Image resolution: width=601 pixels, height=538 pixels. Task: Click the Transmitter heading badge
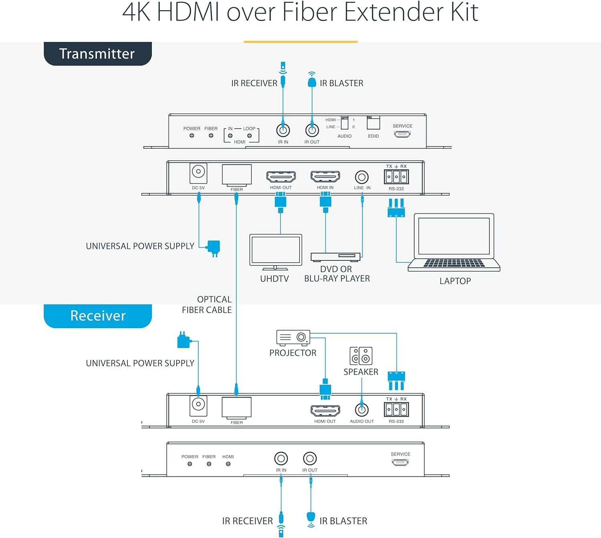(x=97, y=54)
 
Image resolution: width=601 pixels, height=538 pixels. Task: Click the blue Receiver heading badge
(x=97, y=316)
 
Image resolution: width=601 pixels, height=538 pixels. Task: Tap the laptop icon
(x=454, y=243)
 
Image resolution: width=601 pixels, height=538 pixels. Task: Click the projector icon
(x=293, y=338)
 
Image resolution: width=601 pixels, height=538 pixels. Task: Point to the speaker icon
(x=361, y=356)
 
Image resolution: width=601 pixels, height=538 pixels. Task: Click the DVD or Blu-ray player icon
(x=335, y=257)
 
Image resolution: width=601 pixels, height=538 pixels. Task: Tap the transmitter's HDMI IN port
(x=325, y=176)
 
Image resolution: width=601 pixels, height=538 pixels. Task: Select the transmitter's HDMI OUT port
(x=281, y=176)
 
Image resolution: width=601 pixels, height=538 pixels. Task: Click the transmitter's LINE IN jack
(x=362, y=177)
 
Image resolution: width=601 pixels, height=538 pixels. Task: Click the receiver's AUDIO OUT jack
(x=362, y=410)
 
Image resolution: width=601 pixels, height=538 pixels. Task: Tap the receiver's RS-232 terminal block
(x=396, y=409)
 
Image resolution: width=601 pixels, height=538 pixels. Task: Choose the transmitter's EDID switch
(x=373, y=123)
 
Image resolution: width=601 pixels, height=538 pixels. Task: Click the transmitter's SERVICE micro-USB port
(x=402, y=134)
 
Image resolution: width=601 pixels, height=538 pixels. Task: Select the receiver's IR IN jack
(x=281, y=458)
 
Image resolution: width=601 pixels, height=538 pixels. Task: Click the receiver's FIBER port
(x=236, y=407)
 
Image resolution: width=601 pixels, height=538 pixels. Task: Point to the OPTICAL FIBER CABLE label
(x=207, y=305)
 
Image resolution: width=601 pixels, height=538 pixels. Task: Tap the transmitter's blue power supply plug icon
(x=213, y=247)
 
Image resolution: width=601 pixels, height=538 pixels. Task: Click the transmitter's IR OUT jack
(x=312, y=130)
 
